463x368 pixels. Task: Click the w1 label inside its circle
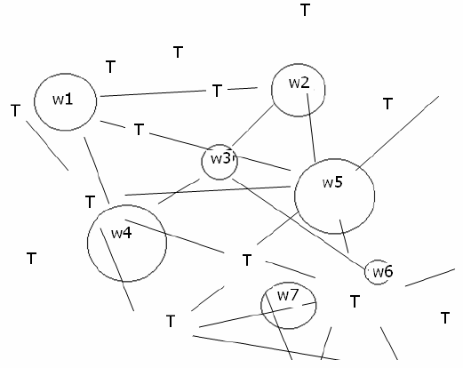click(x=62, y=99)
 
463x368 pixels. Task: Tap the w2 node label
click(x=299, y=83)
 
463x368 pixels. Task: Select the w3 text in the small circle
click(x=220, y=158)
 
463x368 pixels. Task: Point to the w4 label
click(x=122, y=233)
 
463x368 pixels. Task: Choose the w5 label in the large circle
click(x=332, y=182)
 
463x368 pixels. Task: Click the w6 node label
click(x=383, y=271)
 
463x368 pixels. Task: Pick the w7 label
click(x=288, y=295)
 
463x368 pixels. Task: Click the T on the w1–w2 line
click(x=217, y=91)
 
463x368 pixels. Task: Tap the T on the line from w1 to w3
click(x=139, y=129)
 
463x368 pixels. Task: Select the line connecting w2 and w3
click(x=253, y=125)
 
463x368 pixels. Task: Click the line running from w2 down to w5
click(x=311, y=128)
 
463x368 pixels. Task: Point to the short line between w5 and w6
click(x=344, y=236)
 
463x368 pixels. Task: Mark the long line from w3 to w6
click(x=299, y=224)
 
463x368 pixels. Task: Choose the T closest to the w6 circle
click(x=355, y=301)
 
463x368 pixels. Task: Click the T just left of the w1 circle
click(x=15, y=110)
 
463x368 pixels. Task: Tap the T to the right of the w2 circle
click(x=387, y=103)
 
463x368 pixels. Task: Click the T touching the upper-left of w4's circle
click(x=90, y=202)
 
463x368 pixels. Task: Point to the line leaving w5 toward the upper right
click(x=397, y=133)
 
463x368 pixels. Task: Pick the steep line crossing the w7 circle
click(x=279, y=326)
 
